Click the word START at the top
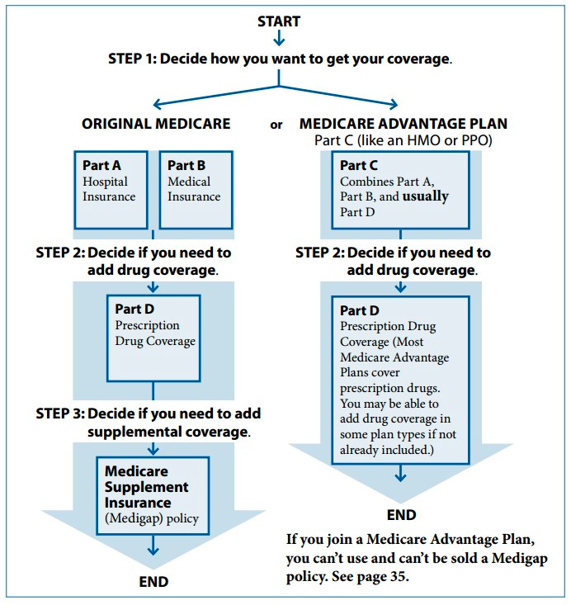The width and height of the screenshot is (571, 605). click(279, 21)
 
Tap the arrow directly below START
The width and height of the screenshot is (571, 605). click(279, 38)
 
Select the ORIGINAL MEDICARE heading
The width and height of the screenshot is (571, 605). click(156, 124)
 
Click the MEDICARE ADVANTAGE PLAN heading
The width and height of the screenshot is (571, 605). click(403, 124)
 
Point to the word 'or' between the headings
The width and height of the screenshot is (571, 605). click(276, 125)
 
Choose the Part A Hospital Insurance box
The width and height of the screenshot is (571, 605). click(111, 190)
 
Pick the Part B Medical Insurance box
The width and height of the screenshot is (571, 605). click(196, 190)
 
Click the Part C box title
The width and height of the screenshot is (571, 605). click(358, 166)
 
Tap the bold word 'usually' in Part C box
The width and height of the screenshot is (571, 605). click(425, 196)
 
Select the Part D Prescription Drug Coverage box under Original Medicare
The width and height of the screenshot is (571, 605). click(153, 338)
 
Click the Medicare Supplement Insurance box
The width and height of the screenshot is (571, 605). click(153, 496)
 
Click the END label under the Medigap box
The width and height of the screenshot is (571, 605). click(153, 582)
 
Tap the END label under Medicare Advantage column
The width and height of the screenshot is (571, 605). click(401, 515)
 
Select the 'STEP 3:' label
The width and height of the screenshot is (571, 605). click(59, 414)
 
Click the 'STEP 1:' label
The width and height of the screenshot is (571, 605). click(132, 59)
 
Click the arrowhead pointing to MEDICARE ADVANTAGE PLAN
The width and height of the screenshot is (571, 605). click(394, 104)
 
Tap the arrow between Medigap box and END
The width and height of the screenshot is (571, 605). click(153, 545)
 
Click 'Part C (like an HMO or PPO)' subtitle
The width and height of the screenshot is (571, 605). click(403, 140)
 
